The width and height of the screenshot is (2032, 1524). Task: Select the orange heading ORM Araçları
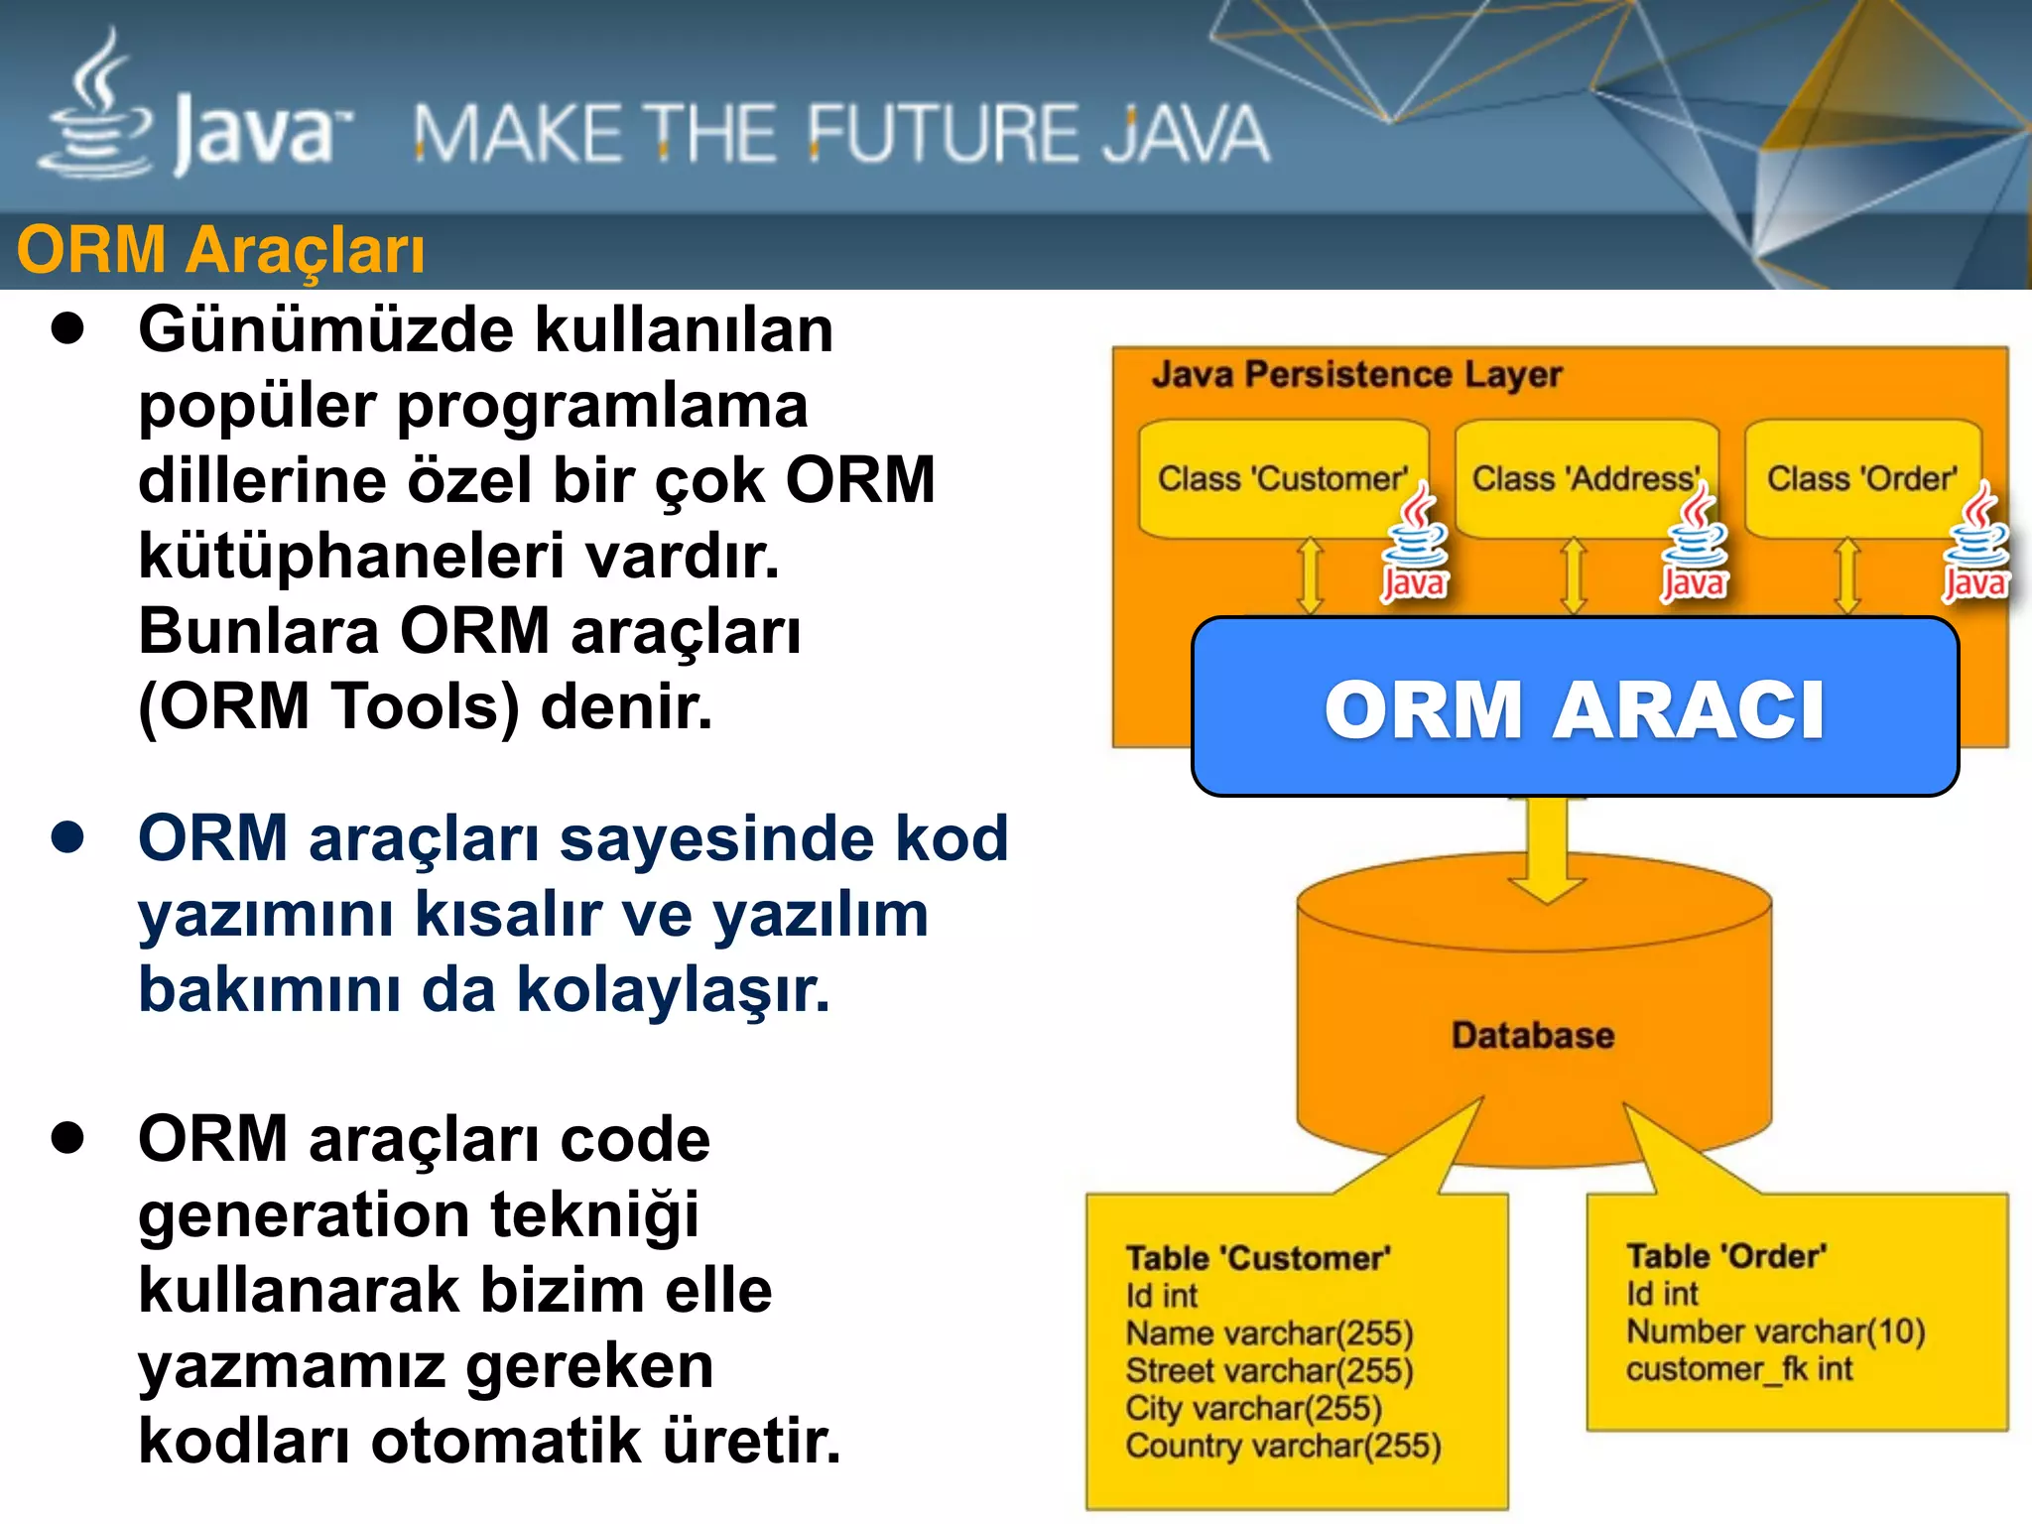click(x=220, y=249)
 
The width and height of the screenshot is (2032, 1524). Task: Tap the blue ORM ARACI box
click(x=1575, y=707)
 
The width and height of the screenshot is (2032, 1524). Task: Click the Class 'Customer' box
click(x=1282, y=478)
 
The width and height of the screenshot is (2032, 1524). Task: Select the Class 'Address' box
click(x=1585, y=478)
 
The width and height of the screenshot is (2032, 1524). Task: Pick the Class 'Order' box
click(x=1861, y=478)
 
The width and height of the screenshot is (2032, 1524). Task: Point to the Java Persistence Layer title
click(x=1356, y=374)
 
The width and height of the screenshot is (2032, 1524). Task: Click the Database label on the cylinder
click(x=1532, y=1035)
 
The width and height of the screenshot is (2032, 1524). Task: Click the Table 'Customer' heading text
click(x=1258, y=1258)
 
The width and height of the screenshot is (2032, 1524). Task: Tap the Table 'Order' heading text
click(x=1725, y=1256)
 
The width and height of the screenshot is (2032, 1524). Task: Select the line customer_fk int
click(x=1738, y=1369)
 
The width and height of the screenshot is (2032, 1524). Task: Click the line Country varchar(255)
click(x=1283, y=1446)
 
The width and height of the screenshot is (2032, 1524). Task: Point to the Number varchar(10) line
click(x=1775, y=1332)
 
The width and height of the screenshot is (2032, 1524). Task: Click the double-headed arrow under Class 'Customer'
click(x=1311, y=575)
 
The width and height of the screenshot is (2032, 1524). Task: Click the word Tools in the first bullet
click(x=424, y=706)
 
